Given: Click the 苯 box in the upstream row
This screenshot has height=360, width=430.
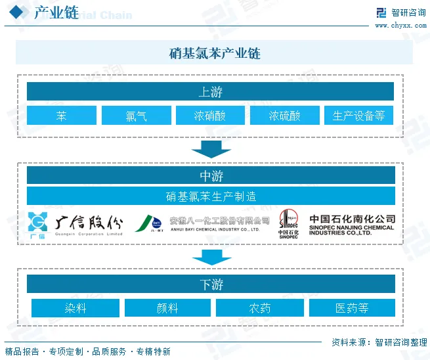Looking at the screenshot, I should click(61, 116).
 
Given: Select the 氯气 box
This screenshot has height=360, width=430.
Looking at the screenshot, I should click(136, 116).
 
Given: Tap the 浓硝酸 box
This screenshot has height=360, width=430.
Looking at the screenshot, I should click(210, 116).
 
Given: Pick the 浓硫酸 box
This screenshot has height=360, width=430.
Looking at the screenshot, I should click(284, 116).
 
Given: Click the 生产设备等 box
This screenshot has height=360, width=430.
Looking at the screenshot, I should click(358, 116).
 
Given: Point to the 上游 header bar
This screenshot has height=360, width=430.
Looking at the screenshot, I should click(210, 91).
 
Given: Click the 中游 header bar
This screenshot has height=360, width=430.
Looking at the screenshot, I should click(211, 175).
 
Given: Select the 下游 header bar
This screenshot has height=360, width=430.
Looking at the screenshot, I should click(211, 284).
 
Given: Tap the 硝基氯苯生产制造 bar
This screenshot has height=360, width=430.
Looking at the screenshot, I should click(211, 196).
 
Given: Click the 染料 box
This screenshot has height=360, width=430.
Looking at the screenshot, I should click(75, 308).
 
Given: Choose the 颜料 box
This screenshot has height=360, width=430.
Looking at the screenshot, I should click(167, 308).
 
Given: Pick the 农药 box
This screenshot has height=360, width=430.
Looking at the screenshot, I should click(259, 308).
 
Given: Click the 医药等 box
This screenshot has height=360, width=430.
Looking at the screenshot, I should click(352, 308).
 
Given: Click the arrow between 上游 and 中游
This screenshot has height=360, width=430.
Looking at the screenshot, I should click(211, 149).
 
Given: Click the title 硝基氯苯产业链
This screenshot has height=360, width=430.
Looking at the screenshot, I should click(214, 53).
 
